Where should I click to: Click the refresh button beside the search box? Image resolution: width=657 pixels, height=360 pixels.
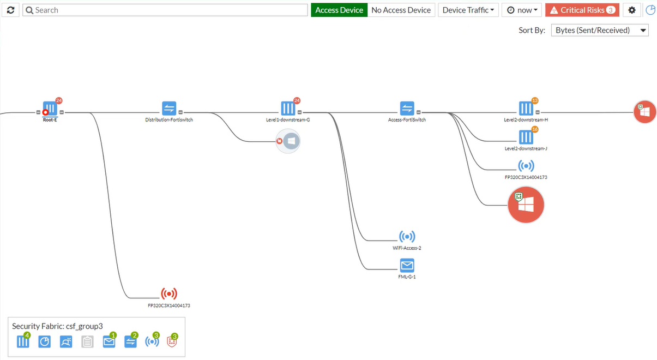[x=11, y=10]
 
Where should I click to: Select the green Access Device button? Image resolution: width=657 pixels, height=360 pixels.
[x=339, y=10]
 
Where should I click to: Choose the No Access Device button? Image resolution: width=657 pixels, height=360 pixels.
[x=401, y=10]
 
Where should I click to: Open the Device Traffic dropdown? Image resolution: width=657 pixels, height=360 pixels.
[x=468, y=10]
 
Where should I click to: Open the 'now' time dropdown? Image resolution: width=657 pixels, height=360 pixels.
[x=522, y=10]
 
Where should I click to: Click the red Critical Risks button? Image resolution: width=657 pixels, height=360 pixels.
[x=582, y=10]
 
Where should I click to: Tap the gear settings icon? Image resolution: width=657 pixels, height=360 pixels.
[x=632, y=10]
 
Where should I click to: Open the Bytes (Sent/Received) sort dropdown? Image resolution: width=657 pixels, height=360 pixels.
[x=600, y=30]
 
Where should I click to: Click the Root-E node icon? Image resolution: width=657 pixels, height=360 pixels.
[x=50, y=109]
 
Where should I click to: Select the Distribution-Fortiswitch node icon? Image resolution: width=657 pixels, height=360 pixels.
[x=169, y=109]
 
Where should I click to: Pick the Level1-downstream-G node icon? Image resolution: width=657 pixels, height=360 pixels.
[x=288, y=109]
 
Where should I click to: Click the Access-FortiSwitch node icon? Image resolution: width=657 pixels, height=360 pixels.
[x=407, y=109]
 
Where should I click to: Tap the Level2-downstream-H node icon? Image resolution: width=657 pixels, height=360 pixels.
[x=526, y=109]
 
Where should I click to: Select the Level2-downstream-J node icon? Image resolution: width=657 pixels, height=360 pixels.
[x=526, y=137]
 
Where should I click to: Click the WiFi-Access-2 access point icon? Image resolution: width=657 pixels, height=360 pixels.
[x=407, y=237]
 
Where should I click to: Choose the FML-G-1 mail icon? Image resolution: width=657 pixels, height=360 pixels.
[x=407, y=266]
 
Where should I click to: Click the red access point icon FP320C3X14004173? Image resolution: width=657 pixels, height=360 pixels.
[x=169, y=294]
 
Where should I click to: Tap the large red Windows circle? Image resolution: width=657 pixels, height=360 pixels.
[x=526, y=205]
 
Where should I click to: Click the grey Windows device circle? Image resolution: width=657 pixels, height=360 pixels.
[x=290, y=141]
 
